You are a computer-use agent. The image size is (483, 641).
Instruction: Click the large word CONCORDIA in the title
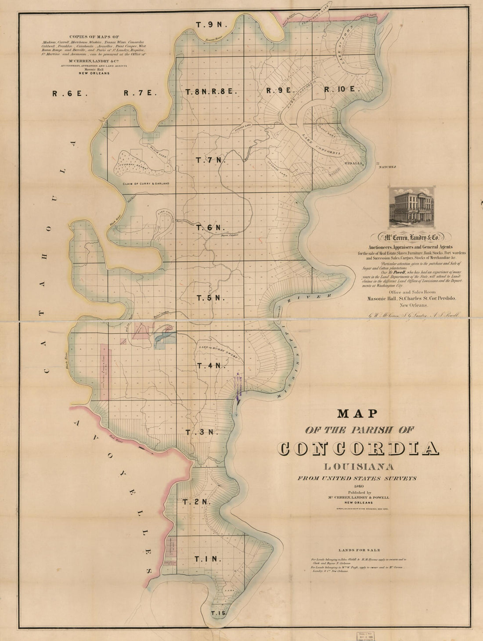[x=358, y=448]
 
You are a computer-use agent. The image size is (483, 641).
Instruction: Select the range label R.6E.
[x=70, y=93]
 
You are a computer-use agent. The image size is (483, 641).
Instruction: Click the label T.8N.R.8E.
[x=211, y=92]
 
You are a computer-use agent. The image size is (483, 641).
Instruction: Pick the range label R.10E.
[x=342, y=90]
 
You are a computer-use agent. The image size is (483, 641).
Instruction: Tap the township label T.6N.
[x=210, y=228]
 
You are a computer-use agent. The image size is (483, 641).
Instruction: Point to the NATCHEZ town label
[x=387, y=167]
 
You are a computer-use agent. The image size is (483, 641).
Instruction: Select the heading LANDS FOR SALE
[x=359, y=550]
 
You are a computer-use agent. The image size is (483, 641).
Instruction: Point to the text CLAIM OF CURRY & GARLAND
[x=146, y=184]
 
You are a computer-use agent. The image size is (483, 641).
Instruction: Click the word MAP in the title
[x=358, y=413]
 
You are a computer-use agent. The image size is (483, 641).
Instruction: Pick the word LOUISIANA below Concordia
[x=358, y=466]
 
